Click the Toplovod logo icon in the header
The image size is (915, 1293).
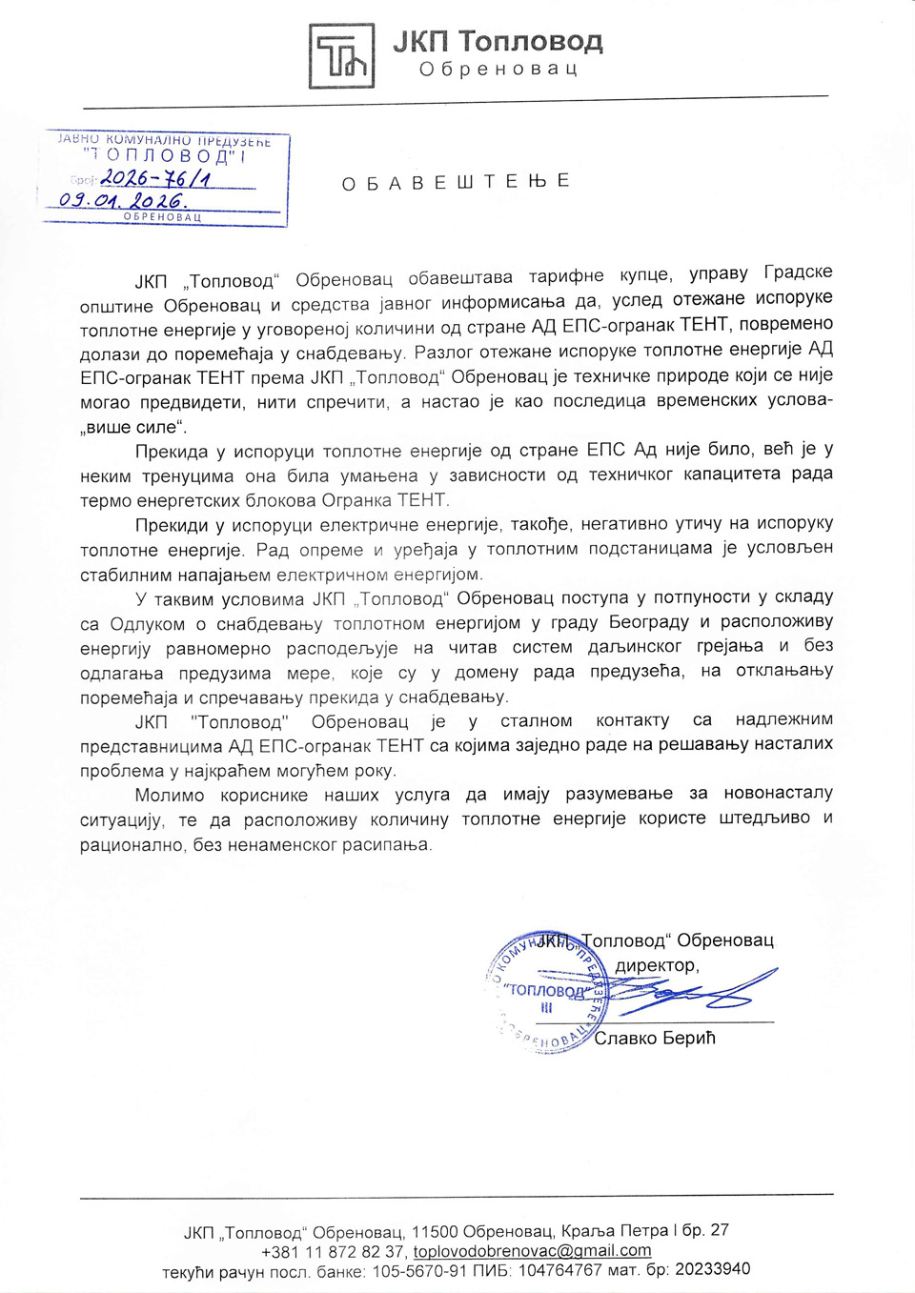coord(341,56)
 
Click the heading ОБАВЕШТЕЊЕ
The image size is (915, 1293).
coord(456,182)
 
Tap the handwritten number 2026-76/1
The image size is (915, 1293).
coord(155,177)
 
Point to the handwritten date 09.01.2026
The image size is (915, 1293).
coord(123,201)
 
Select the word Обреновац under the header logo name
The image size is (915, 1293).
coord(498,70)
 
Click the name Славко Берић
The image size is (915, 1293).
coord(655,1038)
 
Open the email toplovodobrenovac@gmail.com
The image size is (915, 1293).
coord(532,1251)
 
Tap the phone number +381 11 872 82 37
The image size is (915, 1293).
coord(334,1252)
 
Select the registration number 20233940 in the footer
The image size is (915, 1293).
coord(712,1269)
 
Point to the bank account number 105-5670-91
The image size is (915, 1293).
coord(419,1271)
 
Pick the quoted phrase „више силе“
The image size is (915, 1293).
coord(133,427)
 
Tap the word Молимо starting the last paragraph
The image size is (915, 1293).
coord(169,795)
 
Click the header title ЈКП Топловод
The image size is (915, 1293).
coord(498,42)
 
